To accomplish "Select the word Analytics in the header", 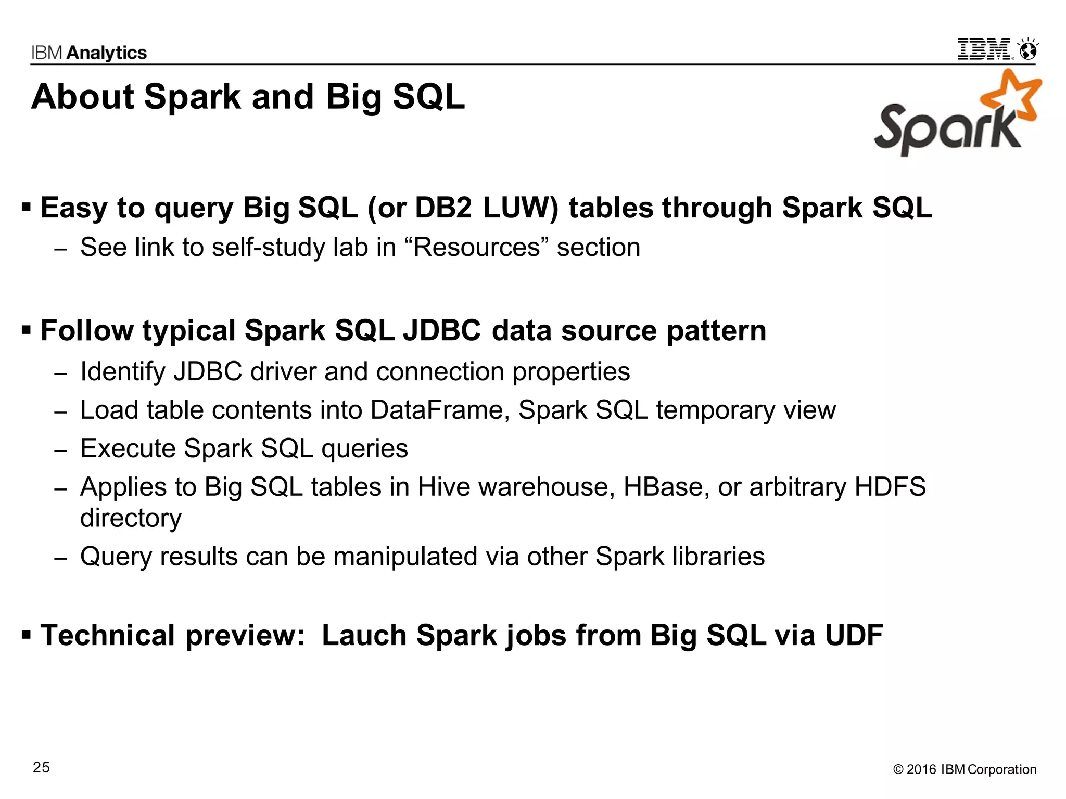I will click(107, 53).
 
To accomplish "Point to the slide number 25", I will click(42, 767).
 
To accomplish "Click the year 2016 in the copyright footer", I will click(921, 769).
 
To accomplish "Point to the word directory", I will click(131, 518).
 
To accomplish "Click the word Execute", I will click(128, 448).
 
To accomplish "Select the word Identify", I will click(123, 371).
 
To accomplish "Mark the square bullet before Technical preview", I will click(27, 635).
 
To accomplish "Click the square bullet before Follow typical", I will click(27, 330).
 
